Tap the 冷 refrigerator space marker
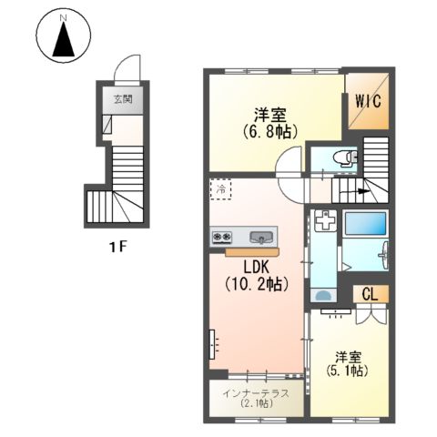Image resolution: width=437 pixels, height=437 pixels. click(219, 190)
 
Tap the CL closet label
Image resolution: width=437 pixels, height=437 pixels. click(370, 294)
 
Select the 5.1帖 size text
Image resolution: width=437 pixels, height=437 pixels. click(347, 371)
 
